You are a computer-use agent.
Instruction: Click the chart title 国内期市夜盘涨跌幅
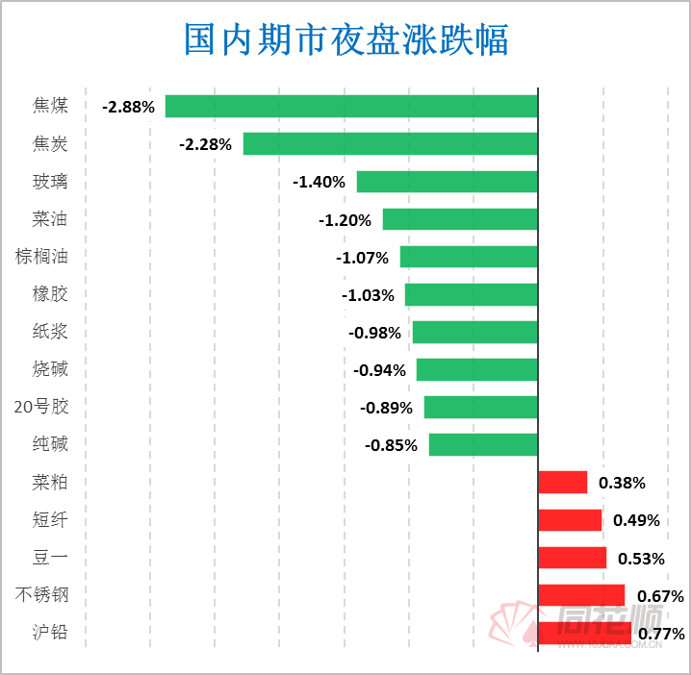(345, 40)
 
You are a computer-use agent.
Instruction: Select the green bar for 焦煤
(351, 106)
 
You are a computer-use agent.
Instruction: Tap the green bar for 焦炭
(390, 143)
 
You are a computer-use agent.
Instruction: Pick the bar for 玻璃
(447, 182)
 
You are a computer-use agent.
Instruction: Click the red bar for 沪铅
(584, 632)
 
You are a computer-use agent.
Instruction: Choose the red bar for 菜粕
(562, 482)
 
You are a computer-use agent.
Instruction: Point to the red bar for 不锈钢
(581, 595)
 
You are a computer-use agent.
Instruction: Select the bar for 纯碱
(482, 444)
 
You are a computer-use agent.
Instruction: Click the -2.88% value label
(128, 107)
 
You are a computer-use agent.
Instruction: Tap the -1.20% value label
(345, 220)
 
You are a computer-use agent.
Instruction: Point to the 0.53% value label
(639, 559)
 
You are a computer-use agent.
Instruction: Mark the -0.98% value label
(374, 333)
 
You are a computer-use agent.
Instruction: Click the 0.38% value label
(622, 483)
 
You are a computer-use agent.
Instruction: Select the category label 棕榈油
(41, 257)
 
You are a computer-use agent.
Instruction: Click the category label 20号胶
(41, 407)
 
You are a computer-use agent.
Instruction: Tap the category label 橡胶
(50, 294)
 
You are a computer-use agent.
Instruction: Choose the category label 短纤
(50, 520)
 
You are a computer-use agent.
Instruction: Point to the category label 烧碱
(50, 369)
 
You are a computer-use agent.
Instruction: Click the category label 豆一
(50, 558)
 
